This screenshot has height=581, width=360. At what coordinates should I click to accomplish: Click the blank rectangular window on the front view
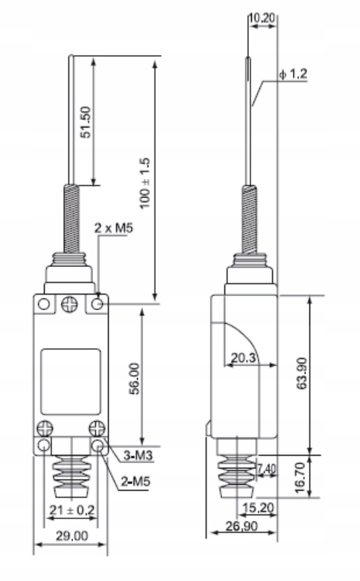click(71, 381)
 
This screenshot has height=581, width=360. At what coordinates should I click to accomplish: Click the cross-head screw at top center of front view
click(71, 304)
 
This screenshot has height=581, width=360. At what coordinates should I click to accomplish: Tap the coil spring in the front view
click(71, 220)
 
